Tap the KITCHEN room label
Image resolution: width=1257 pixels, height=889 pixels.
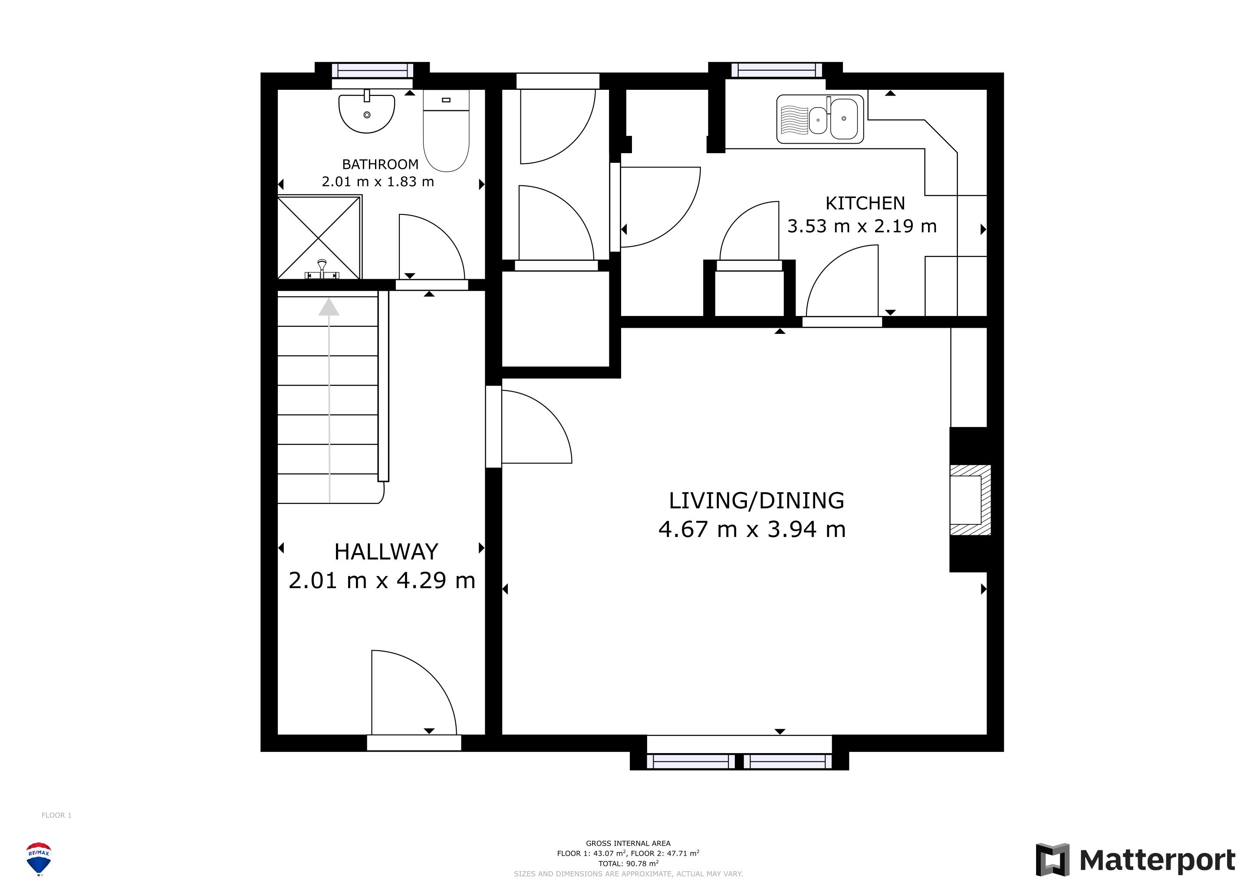point(865,203)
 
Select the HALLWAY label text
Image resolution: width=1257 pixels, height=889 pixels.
point(386,552)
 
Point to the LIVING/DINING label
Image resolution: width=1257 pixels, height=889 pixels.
point(757,501)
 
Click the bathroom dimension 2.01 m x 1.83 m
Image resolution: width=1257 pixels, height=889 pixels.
point(378,182)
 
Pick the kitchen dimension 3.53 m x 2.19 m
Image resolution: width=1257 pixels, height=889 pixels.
point(862,226)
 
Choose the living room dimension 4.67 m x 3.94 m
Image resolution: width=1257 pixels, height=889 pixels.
point(752,529)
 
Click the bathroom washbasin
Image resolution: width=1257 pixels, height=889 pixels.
point(366,113)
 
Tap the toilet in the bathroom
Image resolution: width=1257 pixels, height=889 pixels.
point(446,130)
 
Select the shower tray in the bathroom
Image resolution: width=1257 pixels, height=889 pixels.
point(319,237)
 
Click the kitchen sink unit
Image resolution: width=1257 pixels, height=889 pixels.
point(820,119)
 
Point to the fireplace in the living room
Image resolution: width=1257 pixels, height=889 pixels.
point(970,500)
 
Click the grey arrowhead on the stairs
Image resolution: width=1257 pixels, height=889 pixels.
point(329,307)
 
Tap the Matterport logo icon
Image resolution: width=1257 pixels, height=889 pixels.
point(1052,860)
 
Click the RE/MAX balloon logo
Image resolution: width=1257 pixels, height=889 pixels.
point(39,859)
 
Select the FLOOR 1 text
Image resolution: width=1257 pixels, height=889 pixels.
point(56,815)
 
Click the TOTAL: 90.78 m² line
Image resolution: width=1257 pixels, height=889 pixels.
point(628,864)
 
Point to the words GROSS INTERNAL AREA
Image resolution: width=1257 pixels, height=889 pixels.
point(628,843)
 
